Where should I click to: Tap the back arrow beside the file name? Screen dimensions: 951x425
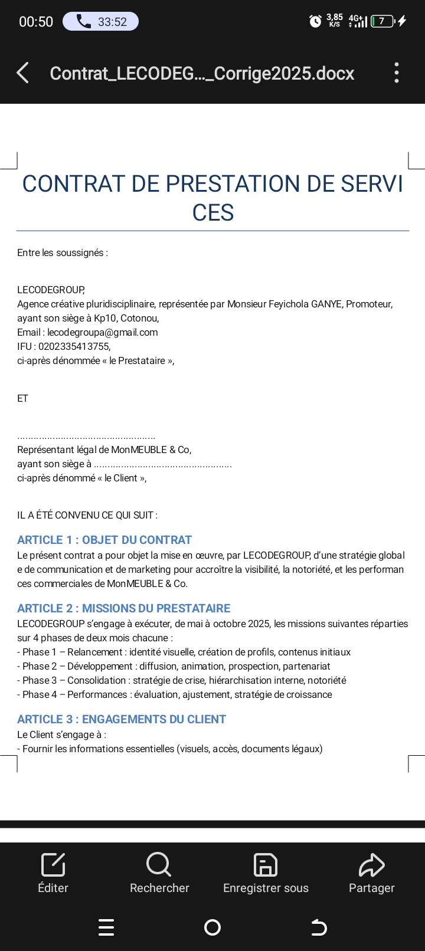23,73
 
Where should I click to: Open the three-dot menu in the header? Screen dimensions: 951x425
397,73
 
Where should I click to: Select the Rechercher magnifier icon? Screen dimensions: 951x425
159,865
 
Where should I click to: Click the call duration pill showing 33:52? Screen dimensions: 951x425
100,22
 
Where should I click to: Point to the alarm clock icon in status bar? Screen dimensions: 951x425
316,22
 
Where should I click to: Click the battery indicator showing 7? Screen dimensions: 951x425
382,22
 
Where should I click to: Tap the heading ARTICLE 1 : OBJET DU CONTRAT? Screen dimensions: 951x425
104,540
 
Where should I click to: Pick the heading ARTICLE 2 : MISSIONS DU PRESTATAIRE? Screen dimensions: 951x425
124,608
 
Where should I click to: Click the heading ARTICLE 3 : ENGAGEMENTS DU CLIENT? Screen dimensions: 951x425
122,719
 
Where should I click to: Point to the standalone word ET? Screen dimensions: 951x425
22,398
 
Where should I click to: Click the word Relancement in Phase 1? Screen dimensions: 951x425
95,652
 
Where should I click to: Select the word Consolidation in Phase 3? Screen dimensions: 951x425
97,680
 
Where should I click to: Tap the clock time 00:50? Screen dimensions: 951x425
36,22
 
